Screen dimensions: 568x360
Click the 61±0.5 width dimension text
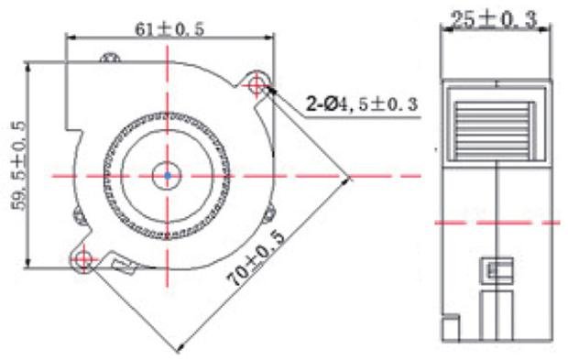pyautogui.click(x=169, y=29)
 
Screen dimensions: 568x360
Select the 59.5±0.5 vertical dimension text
pyautogui.click(x=19, y=166)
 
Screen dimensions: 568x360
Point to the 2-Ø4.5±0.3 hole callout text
pyautogui.click(x=362, y=104)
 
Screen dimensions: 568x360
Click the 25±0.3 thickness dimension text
pyautogui.click(x=494, y=19)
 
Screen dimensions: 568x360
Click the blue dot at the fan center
pyautogui.click(x=168, y=176)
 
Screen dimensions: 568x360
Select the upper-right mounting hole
pyautogui.click(x=257, y=85)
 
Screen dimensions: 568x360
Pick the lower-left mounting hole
pyautogui.click(x=83, y=258)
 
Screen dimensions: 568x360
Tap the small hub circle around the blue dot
pyautogui.click(x=167, y=161)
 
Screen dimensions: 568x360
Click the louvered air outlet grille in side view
pyautogui.click(x=495, y=130)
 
